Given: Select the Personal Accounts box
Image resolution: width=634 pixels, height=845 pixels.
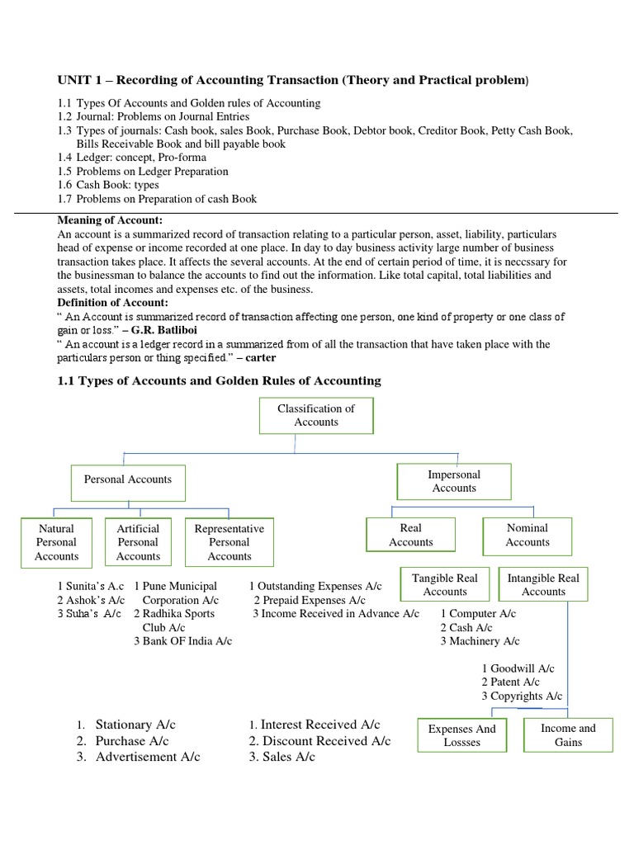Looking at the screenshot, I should pyautogui.click(x=128, y=479).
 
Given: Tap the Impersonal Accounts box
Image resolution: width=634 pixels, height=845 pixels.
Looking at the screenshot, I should pyautogui.click(x=454, y=481).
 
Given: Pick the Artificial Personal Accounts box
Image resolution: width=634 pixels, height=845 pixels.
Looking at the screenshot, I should pyautogui.click(x=139, y=542).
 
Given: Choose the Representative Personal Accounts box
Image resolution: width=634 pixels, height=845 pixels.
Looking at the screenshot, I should pyautogui.click(x=229, y=542).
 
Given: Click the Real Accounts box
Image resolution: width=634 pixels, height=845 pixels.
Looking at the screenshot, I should pyautogui.click(x=410, y=535).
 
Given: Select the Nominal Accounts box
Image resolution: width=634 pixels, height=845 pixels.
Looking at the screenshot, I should pyautogui.click(x=528, y=535).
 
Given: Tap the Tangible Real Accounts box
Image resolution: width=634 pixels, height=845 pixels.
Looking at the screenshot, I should pyautogui.click(x=445, y=584).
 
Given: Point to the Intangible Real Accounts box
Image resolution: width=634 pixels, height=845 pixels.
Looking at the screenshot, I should pyautogui.click(x=543, y=584).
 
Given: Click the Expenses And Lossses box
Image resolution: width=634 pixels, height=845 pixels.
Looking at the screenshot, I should pyautogui.click(x=462, y=735).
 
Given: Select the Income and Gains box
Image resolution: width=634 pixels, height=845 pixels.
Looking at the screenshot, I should pyautogui.click(x=568, y=734).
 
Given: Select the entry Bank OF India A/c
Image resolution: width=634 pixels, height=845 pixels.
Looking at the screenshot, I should pyautogui.click(x=182, y=640).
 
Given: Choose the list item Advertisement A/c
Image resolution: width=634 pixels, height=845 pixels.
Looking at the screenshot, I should pyautogui.click(x=147, y=757).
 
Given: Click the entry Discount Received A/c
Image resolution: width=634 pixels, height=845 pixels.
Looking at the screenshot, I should pyautogui.click(x=319, y=741).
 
